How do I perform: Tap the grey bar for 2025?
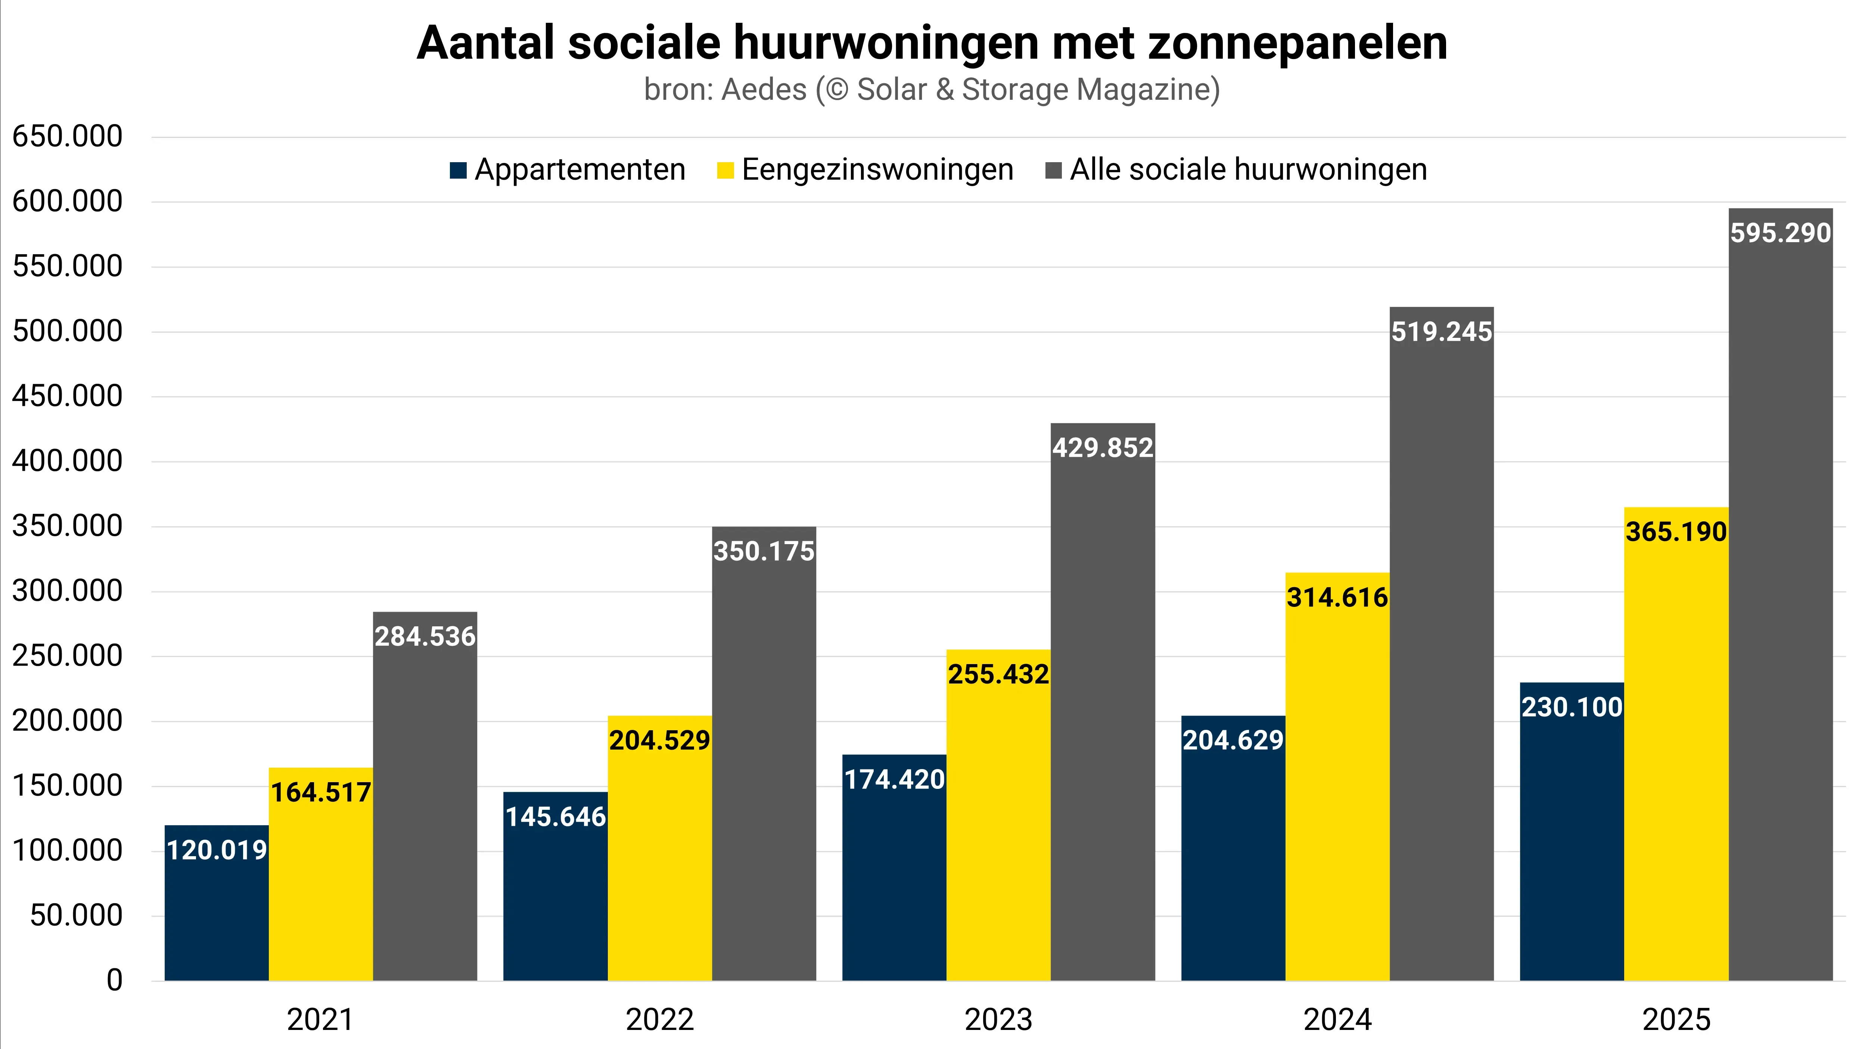[1780, 616]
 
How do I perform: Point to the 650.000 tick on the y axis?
[67, 136]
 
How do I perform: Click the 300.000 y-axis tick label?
[67, 591]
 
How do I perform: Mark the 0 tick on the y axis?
[114, 980]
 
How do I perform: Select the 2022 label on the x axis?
[659, 1020]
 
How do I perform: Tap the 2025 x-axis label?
[1676, 1020]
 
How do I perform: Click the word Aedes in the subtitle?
[764, 90]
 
